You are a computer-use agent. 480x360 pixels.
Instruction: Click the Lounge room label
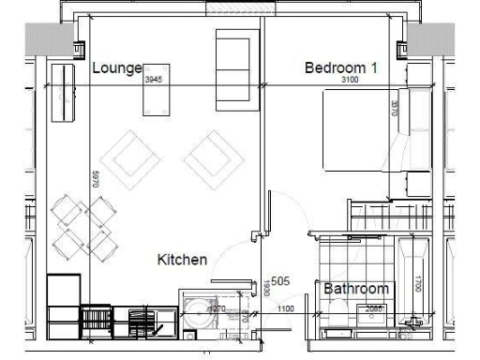tap(116, 68)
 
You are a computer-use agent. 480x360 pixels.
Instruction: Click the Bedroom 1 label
tap(341, 67)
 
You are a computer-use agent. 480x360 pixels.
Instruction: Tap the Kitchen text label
tap(182, 260)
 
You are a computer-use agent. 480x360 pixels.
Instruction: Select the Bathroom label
tap(355, 289)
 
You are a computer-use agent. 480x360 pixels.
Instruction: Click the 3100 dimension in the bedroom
tap(350, 82)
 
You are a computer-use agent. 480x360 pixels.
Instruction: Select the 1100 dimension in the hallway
tap(286, 309)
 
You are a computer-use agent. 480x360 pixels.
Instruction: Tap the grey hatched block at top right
tap(424, 41)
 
